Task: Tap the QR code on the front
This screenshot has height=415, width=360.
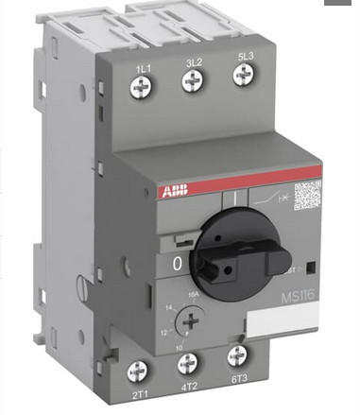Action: click(x=308, y=197)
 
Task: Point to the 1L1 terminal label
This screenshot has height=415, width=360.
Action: click(x=144, y=68)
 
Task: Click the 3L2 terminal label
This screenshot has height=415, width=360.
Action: click(x=192, y=62)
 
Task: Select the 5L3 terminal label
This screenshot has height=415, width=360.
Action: click(x=243, y=58)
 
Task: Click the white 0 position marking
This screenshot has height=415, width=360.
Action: click(x=176, y=267)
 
